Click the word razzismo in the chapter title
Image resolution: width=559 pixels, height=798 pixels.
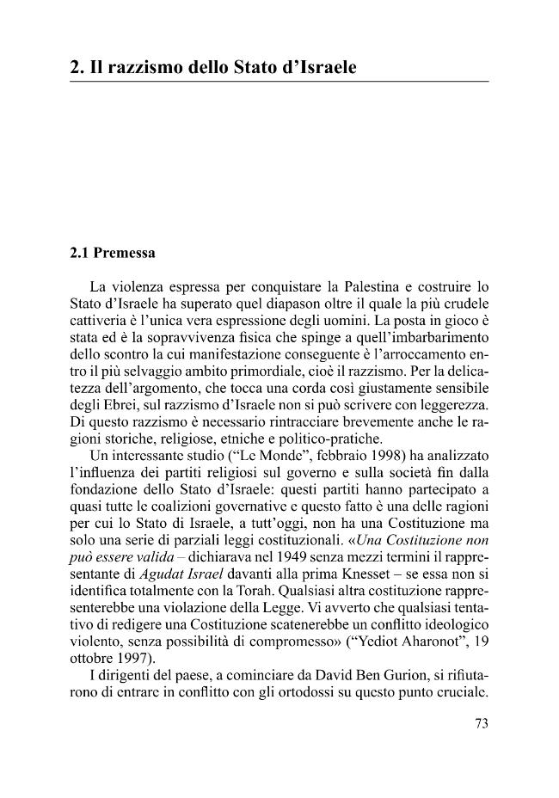pos(140,65)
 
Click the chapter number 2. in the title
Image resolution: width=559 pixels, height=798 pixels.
pos(77,65)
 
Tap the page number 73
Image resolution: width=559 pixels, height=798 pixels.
pos(481,723)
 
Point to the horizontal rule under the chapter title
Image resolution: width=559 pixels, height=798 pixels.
pos(279,82)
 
